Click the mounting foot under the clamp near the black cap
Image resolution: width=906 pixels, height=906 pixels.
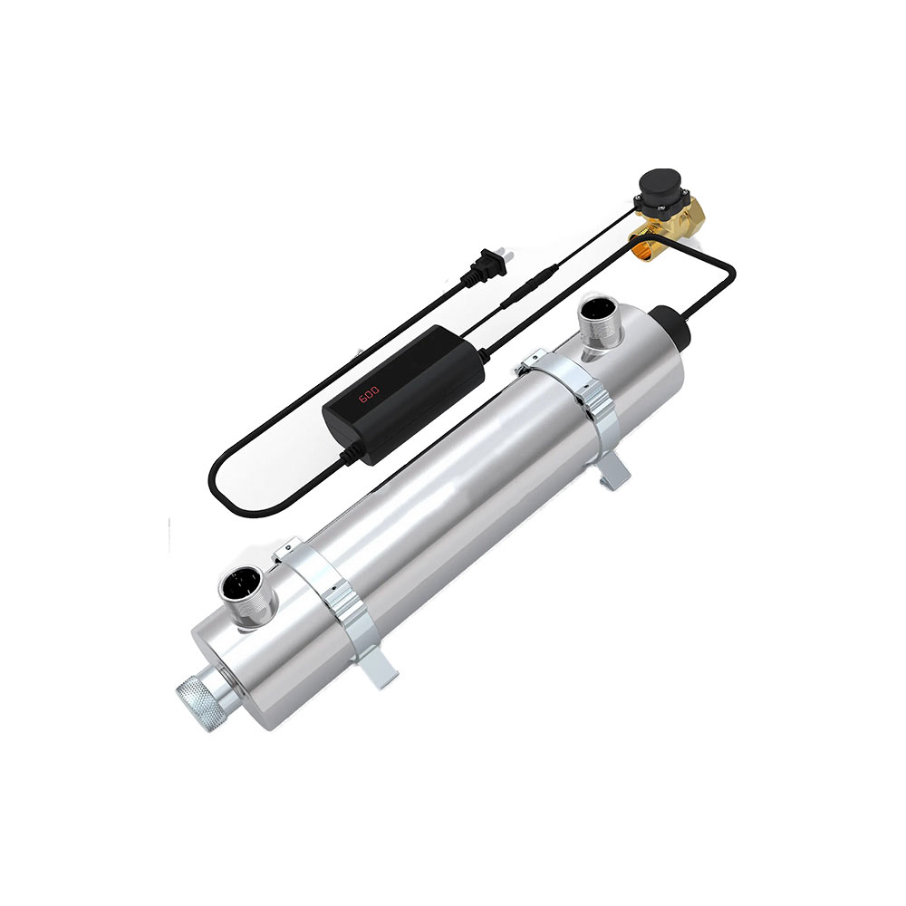pyautogui.click(x=616, y=471)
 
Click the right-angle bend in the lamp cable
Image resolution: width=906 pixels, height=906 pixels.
pyautogui.click(x=731, y=272)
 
